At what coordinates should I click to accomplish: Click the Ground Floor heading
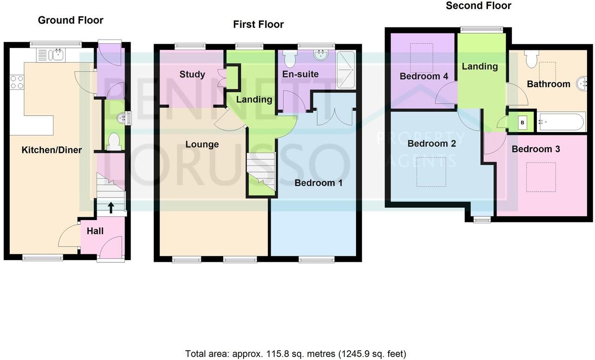coord(71,20)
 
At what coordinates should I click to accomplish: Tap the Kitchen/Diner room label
coord(52,150)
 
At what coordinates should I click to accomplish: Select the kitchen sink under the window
coord(58,55)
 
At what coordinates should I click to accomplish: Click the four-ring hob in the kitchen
coord(17,82)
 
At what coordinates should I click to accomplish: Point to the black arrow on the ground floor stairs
coord(111,207)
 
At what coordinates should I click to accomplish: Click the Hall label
coord(95,231)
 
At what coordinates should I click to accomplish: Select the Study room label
coord(192,74)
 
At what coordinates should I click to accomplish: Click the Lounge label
coord(202,144)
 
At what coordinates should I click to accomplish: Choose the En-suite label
coord(301,74)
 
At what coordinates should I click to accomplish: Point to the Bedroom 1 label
coord(318,183)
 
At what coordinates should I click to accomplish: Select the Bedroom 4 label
coord(423,76)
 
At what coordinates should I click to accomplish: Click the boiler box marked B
coord(522,123)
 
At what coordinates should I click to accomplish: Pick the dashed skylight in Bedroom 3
coord(541,177)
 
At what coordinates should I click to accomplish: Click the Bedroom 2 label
coord(431,143)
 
